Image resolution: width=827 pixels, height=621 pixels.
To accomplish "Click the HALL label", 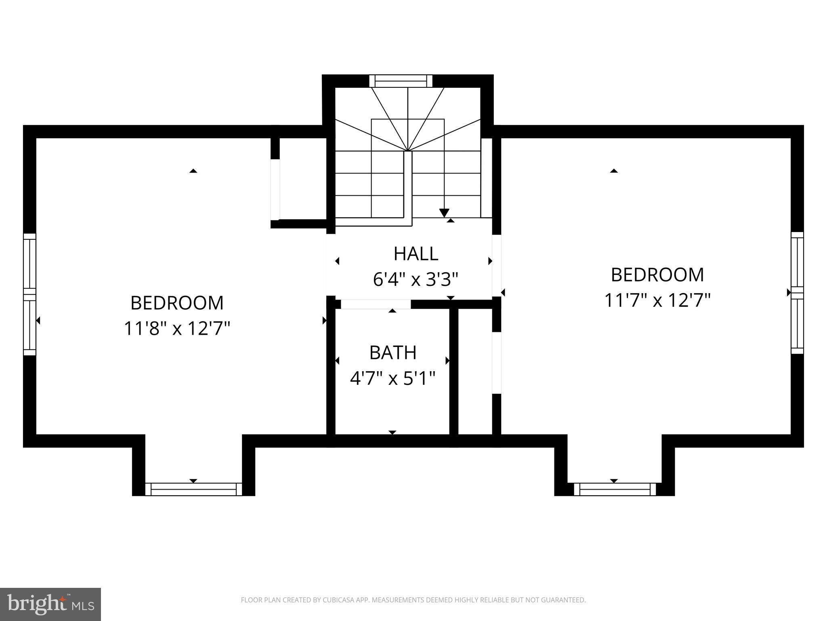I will point(416,254).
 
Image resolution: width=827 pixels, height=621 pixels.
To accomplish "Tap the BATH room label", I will point(393,353).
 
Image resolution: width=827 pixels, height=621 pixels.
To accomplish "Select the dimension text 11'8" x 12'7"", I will point(177,328).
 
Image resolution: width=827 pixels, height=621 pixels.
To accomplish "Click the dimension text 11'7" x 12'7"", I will point(657,300).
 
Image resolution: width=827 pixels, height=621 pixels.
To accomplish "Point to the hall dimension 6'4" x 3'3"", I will point(416,279).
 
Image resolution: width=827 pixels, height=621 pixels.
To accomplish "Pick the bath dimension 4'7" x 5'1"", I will point(393,379).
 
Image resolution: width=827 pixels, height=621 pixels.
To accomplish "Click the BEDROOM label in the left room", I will point(177,303).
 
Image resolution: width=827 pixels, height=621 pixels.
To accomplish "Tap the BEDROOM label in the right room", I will point(657,275).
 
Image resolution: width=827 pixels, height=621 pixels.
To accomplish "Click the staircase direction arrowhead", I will point(444,213).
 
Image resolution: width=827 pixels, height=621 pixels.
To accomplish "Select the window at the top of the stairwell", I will point(401,81).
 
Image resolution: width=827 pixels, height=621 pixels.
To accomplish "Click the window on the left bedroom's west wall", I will point(29,294).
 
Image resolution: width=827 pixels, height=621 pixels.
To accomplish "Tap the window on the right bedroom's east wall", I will point(797,293).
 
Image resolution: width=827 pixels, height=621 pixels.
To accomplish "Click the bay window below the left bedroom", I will point(193,489).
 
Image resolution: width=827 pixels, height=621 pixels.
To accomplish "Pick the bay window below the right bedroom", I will point(614,489).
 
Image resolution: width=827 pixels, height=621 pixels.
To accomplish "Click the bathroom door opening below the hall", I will point(376,304).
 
